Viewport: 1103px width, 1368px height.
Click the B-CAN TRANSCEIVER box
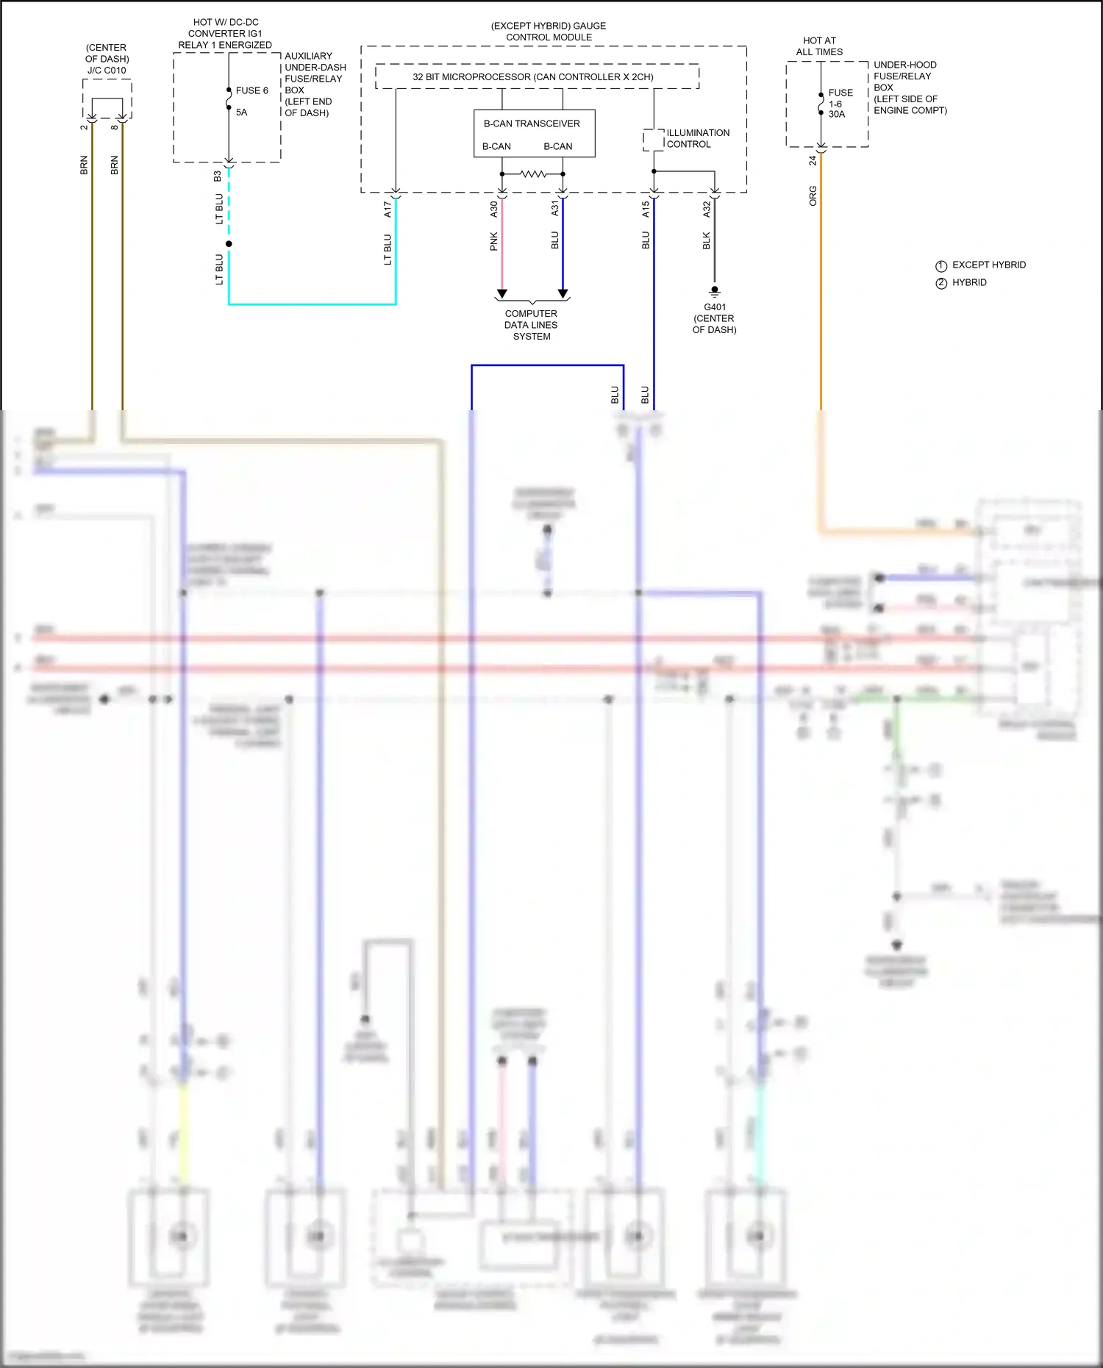coord(534,134)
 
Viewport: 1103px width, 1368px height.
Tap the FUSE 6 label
coord(251,90)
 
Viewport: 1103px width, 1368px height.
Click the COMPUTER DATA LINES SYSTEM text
coord(531,325)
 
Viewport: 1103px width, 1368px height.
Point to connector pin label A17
coord(388,210)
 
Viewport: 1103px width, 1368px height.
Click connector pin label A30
coord(494,210)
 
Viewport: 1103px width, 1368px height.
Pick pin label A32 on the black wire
coord(707,210)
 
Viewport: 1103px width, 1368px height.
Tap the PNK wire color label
coord(494,241)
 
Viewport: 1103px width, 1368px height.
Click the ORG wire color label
coord(813,196)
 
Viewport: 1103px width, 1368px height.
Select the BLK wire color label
coord(707,240)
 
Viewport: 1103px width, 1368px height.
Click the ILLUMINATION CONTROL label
coord(697,138)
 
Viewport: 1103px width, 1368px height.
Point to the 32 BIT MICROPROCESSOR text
coord(532,76)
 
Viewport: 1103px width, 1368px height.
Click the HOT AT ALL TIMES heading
coord(819,46)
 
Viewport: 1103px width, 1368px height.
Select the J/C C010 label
coord(107,71)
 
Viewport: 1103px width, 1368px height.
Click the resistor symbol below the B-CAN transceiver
coord(532,174)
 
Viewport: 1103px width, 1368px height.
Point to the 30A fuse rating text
coord(837,115)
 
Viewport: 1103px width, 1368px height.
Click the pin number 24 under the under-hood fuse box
coord(813,160)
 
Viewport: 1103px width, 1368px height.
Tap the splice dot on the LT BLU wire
coord(229,244)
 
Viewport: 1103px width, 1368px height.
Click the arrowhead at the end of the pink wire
coord(501,294)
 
